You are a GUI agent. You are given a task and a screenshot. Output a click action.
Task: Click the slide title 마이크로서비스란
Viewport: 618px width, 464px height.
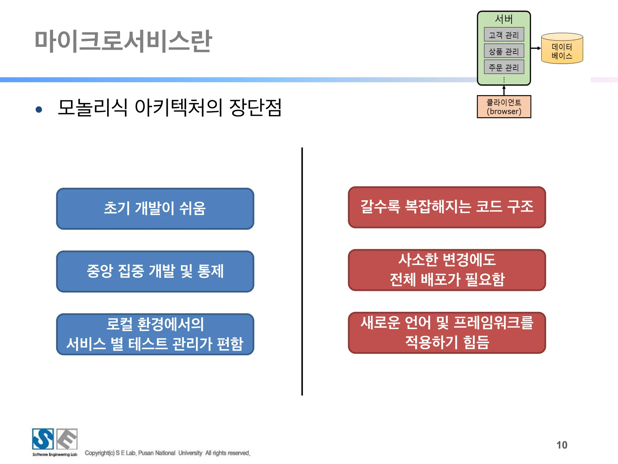point(123,41)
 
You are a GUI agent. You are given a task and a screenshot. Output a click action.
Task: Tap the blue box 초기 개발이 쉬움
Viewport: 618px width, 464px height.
point(155,208)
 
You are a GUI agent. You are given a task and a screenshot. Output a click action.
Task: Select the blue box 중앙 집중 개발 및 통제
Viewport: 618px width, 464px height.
point(155,271)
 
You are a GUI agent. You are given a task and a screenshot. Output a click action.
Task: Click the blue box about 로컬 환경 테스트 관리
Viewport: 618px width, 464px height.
point(155,334)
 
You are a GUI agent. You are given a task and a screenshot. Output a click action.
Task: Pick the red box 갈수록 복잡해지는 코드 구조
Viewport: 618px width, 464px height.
point(447,207)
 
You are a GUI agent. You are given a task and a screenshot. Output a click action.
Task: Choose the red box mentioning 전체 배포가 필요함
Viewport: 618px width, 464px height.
point(447,270)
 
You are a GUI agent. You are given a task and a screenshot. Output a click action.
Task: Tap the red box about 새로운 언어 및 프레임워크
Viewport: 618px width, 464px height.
point(447,332)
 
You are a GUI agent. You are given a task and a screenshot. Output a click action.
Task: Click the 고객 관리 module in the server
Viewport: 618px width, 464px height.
point(504,35)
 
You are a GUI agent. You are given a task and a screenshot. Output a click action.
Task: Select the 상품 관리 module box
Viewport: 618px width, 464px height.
point(504,51)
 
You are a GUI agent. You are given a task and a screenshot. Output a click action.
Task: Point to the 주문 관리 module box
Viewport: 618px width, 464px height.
point(504,67)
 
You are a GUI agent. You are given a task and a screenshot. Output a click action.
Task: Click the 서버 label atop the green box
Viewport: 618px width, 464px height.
point(504,19)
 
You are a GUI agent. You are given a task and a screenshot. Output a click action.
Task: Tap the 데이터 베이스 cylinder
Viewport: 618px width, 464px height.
point(562,49)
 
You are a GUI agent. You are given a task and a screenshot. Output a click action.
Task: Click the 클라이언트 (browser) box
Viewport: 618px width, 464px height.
point(504,107)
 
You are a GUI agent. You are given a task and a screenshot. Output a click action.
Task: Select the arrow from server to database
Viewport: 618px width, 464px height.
point(536,48)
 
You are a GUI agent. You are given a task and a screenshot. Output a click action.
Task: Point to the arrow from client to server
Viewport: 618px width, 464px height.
point(504,90)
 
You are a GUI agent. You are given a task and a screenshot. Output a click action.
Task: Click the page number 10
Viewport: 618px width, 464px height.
point(562,445)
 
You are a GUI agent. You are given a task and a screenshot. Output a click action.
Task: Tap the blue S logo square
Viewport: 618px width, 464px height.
point(43,439)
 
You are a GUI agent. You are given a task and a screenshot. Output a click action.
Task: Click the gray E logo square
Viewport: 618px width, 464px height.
point(67,439)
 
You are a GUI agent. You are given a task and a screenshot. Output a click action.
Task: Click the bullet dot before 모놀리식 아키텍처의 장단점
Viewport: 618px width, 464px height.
point(39,109)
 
